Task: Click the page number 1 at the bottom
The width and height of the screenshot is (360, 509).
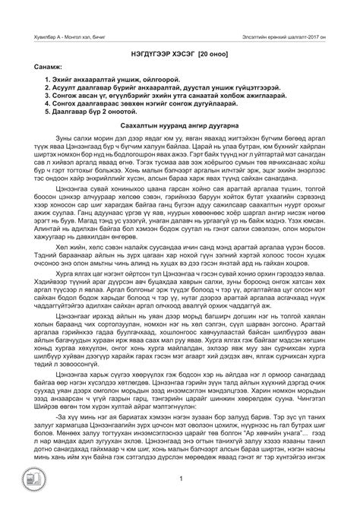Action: [x=179, y=499]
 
